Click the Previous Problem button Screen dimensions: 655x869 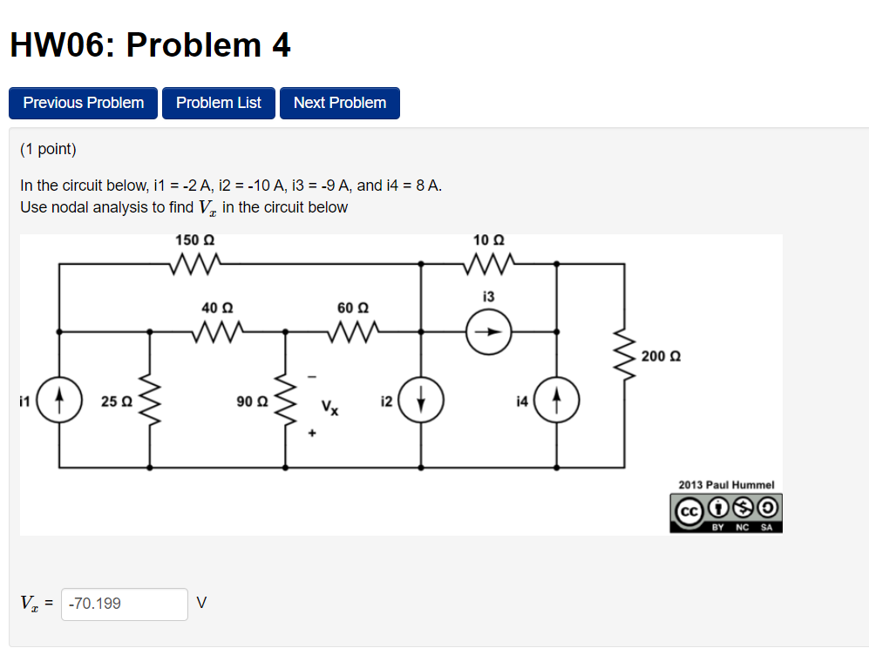click(83, 103)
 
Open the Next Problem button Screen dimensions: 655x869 click(339, 103)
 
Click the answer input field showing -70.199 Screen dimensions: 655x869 click(125, 604)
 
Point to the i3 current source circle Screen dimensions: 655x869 click(488, 332)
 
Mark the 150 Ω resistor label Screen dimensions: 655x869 click(194, 240)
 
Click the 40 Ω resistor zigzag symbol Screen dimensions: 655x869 click(217, 332)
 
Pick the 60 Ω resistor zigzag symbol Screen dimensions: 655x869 click(353, 332)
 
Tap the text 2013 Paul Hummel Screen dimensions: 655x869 click(725, 485)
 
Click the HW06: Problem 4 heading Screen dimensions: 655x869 click(150, 45)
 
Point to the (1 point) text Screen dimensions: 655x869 click(48, 149)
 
